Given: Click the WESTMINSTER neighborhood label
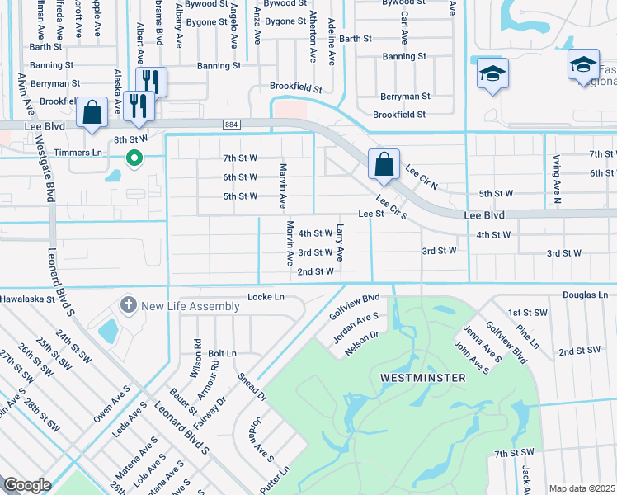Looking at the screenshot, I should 422,377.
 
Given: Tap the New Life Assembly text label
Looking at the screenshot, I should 191,306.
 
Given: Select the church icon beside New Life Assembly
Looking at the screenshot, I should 128,305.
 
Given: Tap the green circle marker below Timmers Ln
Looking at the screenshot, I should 132,158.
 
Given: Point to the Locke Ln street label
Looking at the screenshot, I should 266,296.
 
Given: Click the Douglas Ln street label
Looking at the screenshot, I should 585,295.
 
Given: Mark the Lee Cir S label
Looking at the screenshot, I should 392,207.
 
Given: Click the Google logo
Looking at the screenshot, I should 27,485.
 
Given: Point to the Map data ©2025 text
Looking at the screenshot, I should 582,488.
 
